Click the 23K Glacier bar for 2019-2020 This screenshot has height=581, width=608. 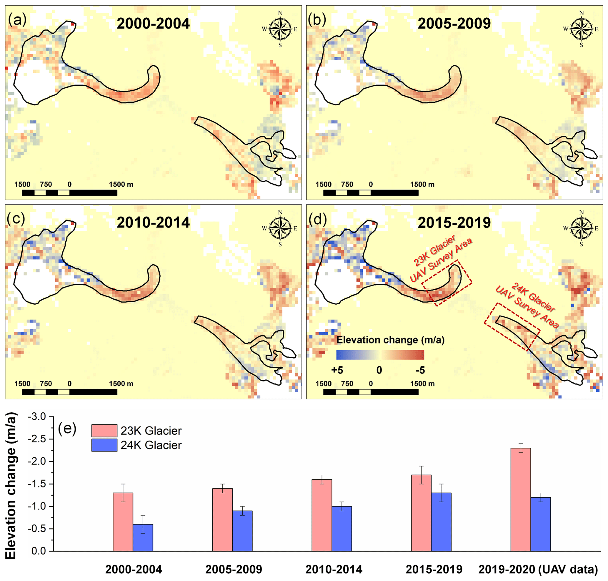(520, 499)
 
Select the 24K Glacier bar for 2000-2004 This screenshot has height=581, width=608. (143, 538)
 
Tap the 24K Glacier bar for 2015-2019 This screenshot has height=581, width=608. (441, 522)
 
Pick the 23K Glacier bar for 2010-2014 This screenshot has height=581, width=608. (322, 515)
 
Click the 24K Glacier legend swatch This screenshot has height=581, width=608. (104, 445)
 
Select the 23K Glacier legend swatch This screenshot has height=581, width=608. (104, 431)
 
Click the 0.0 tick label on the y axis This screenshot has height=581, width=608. (39, 551)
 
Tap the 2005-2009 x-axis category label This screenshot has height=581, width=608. (234, 569)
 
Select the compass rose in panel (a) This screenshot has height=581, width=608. (280, 29)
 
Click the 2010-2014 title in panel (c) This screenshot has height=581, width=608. (153, 223)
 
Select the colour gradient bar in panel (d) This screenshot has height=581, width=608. (380, 355)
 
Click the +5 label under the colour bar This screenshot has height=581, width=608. (337, 370)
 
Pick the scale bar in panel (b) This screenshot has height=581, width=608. (371, 192)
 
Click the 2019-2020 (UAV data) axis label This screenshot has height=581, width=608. (538, 569)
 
